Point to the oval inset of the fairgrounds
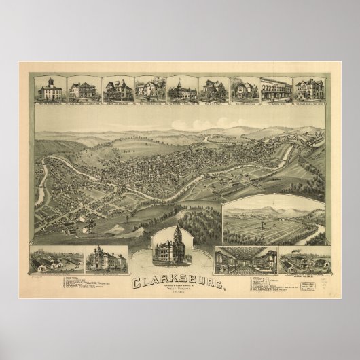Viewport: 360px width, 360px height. pyautogui.click(x=272, y=222)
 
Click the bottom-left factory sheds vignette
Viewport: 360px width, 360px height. pyautogui.click(x=56, y=260)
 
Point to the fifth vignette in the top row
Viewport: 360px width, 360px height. pyautogui.click(x=179, y=89)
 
